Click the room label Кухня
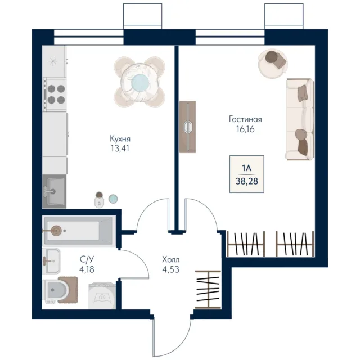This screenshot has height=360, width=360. click(120, 139)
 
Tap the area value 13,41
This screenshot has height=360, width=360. click(120, 148)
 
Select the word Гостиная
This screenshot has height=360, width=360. click(245, 119)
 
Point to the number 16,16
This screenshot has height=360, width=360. click(245, 129)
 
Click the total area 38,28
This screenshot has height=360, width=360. click(247, 181)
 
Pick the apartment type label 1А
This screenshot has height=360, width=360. click(247, 168)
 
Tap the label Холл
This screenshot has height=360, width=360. click(171, 260)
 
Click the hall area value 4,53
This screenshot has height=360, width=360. click(171, 269)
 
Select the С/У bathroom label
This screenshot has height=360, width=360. click(87, 259)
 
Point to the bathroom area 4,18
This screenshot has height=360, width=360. click(87, 269)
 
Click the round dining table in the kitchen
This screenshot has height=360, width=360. click(139, 82)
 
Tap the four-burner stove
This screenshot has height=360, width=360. click(55, 94)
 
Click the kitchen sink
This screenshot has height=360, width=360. click(54, 191)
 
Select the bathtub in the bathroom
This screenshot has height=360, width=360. click(79, 231)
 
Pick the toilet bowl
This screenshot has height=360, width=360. click(57, 290)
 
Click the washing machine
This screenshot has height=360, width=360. click(102, 296)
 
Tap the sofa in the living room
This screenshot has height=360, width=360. click(300, 119)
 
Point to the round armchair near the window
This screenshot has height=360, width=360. click(273, 64)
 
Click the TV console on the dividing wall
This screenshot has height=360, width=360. click(187, 127)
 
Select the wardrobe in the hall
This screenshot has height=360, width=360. click(208, 290)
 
